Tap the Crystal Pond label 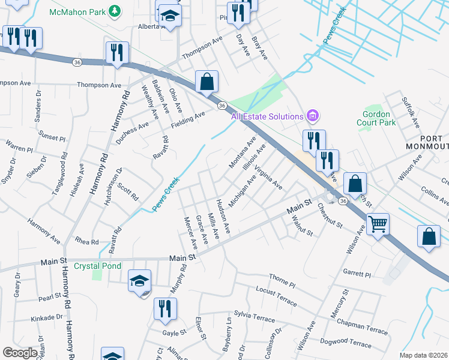coord(97,266)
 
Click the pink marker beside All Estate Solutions coord(312,116)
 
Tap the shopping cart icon coord(378,225)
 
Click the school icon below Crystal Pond coord(139,281)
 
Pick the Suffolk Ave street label coord(410,112)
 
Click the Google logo coord(20,352)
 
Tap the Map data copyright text coord(424,355)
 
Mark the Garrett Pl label coord(358,274)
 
